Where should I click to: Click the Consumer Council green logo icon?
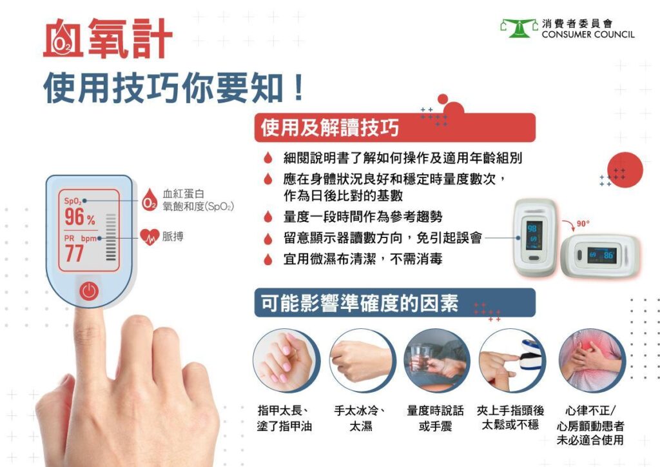tap(519, 28)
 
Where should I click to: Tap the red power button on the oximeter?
tap(89, 291)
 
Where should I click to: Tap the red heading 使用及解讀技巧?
tap(329, 128)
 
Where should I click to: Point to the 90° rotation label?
tap(583, 224)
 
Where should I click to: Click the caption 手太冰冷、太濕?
tap(360, 418)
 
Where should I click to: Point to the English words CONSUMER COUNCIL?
tap(588, 34)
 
